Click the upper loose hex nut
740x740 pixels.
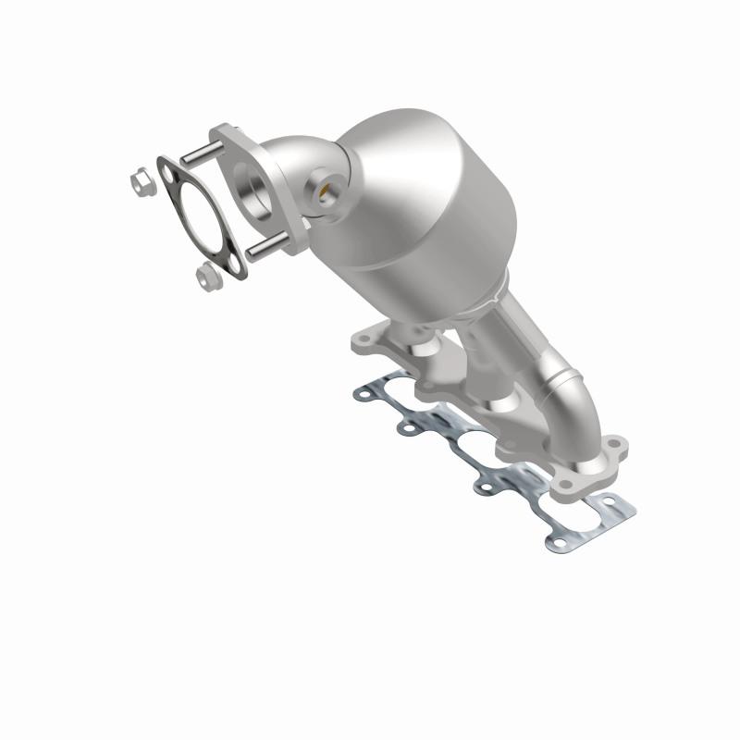pyautogui.click(x=141, y=181)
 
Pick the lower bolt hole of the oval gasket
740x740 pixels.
pyautogui.click(x=233, y=266)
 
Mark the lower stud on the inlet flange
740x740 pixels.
pyautogui.click(x=264, y=246)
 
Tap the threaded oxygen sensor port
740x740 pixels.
pyautogui.click(x=326, y=191)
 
